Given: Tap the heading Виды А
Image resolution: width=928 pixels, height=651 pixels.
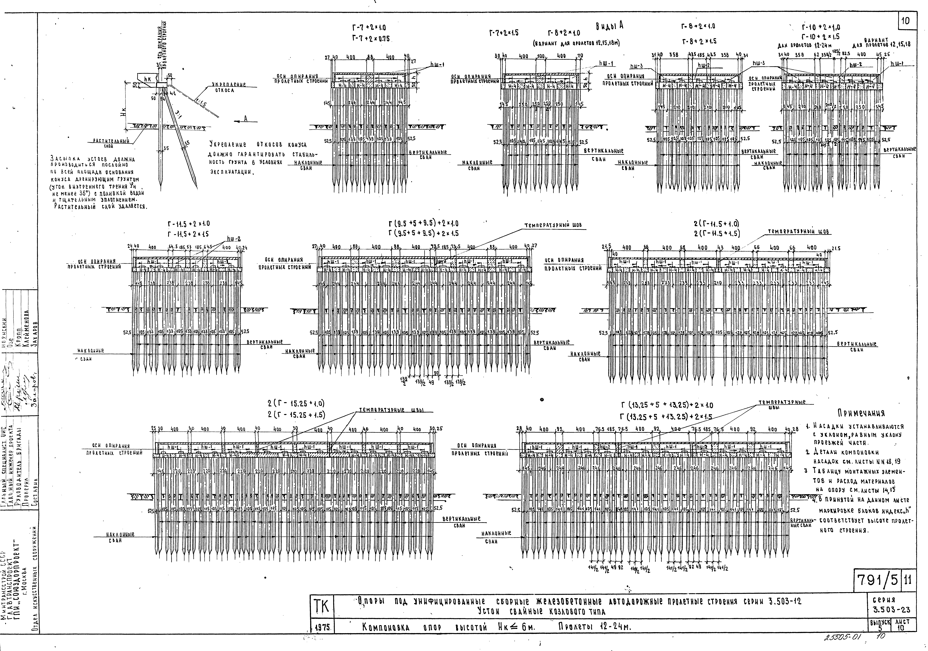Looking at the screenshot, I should click(609, 26).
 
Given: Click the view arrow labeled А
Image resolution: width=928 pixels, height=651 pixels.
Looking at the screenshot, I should click(245, 118).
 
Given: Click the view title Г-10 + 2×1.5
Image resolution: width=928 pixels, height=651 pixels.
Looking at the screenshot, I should click(821, 36).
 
